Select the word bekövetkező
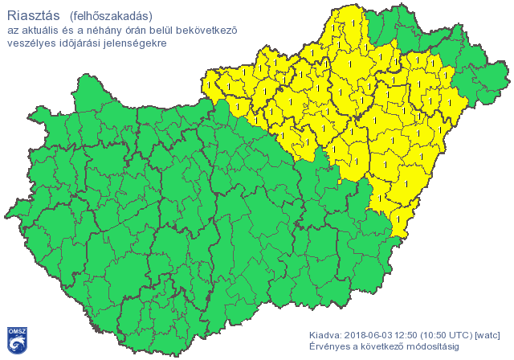coord(230,31)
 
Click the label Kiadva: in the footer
coord(325,334)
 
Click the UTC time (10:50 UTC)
coord(450,334)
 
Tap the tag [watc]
coord(489,334)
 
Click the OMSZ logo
coord(17,340)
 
